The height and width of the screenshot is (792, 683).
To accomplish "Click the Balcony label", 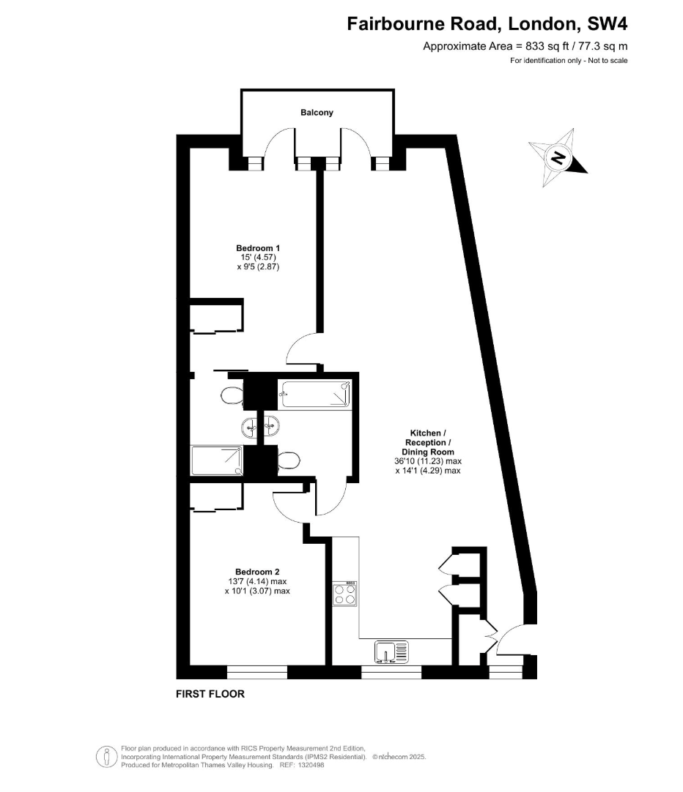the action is pyautogui.click(x=317, y=113).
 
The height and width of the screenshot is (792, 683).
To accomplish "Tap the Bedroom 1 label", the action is pyautogui.click(x=258, y=248).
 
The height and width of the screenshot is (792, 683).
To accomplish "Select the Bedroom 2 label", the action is pyautogui.click(x=257, y=572).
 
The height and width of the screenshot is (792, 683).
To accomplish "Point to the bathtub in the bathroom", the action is pyautogui.click(x=315, y=394).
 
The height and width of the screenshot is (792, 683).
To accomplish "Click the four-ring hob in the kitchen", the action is pyautogui.click(x=344, y=594).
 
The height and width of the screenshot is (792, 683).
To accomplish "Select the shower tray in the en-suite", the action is pyautogui.click(x=217, y=460).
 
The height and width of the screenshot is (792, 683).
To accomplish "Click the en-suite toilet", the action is pyautogui.click(x=232, y=395).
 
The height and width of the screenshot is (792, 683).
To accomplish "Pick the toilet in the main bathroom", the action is pyautogui.click(x=288, y=460).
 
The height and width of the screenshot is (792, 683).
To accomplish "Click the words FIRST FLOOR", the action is pyautogui.click(x=210, y=694).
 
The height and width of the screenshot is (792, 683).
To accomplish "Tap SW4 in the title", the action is pyautogui.click(x=608, y=23).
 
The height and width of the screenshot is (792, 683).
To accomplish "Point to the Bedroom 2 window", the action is pyautogui.click(x=256, y=672).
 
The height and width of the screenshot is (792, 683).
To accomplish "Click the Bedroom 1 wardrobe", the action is pyautogui.click(x=216, y=316).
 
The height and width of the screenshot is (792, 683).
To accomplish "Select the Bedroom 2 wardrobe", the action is pyautogui.click(x=216, y=497).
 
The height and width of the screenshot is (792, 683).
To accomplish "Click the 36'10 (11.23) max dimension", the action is pyautogui.click(x=428, y=461).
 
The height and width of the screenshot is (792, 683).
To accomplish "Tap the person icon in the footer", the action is pyautogui.click(x=107, y=757).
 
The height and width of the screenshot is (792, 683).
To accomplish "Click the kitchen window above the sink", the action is pyautogui.click(x=391, y=672).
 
